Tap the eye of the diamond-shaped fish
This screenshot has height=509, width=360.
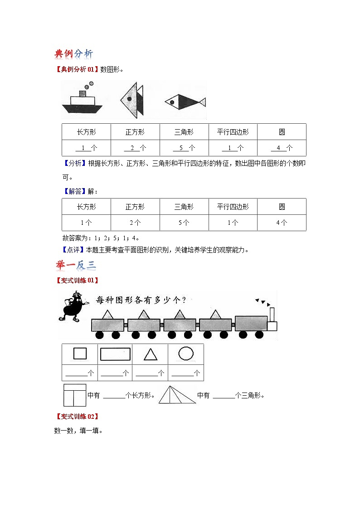tap(172, 102)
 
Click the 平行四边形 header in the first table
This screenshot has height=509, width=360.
tap(233, 132)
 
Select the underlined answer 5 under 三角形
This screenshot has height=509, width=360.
tap(184, 148)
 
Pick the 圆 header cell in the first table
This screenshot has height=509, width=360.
tap(282, 132)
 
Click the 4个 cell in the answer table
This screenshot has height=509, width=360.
tap(282, 223)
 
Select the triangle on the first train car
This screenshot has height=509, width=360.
tap(107, 315)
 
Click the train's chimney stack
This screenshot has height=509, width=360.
tap(272, 315)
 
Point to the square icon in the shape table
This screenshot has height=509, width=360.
tap(80, 354)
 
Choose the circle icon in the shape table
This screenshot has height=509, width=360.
tap(186, 354)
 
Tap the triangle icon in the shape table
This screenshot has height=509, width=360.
tap(151, 354)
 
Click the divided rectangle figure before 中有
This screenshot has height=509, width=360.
tap(74, 395)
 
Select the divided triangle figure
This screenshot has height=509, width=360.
tap(175, 394)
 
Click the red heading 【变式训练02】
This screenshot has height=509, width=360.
tap(76, 416)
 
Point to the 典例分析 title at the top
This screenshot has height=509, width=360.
tap(73, 54)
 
